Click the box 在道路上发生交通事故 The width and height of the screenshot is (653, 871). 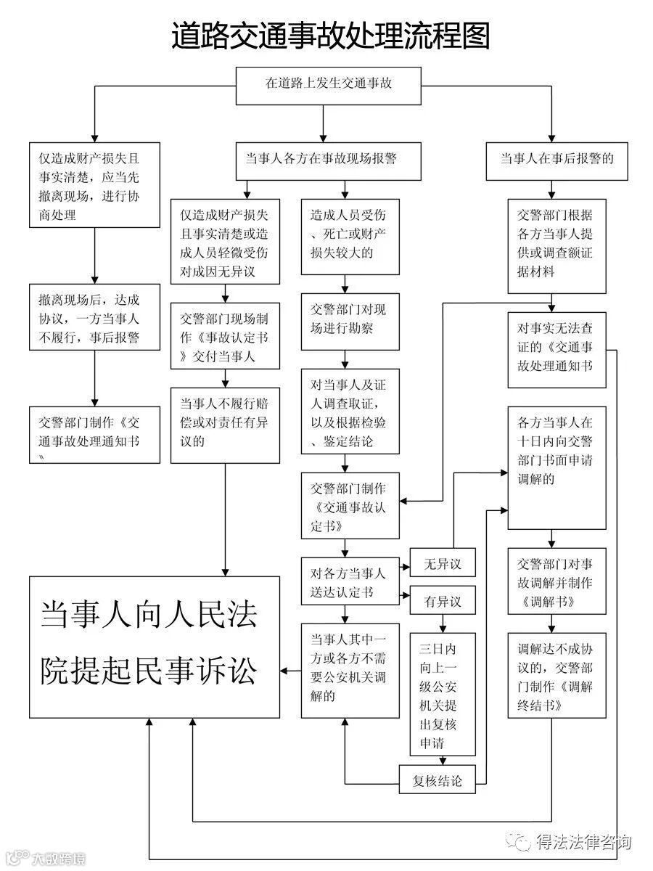(x=329, y=83)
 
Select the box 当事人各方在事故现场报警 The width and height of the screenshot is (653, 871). (x=329, y=159)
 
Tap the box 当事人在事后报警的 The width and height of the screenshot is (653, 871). (x=557, y=159)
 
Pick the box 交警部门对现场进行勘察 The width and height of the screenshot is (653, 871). (x=350, y=320)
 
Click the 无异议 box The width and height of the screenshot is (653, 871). (x=443, y=563)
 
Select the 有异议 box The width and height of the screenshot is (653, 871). (x=443, y=602)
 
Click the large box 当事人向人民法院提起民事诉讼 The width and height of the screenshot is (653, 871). (x=154, y=645)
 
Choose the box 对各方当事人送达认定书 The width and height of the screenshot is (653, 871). (x=350, y=581)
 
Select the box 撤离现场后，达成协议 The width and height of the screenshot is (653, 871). (x=94, y=318)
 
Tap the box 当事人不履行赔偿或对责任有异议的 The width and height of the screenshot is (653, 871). (x=225, y=424)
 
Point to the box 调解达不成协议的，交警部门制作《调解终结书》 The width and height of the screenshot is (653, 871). (x=557, y=675)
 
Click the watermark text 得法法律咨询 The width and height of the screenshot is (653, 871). (x=583, y=843)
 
